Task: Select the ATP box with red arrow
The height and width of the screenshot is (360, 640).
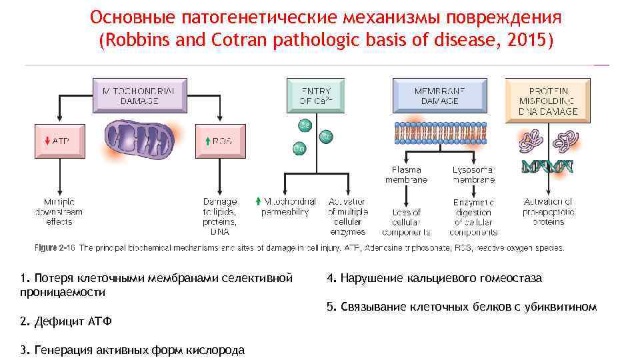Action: (x=59, y=141)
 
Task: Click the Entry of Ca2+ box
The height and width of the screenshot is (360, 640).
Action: (x=316, y=95)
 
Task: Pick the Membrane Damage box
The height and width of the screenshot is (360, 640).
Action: (x=439, y=95)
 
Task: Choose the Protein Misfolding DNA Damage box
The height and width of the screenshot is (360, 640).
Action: (x=547, y=101)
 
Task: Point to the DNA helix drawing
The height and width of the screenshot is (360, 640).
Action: (x=547, y=167)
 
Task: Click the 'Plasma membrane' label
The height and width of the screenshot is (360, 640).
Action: (x=406, y=175)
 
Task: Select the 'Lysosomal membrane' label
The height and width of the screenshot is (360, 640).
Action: (x=473, y=175)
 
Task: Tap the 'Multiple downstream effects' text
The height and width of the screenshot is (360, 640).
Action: (x=59, y=211)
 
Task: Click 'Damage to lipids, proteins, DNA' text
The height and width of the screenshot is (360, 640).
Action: (x=220, y=216)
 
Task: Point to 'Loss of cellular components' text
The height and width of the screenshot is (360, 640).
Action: (x=406, y=222)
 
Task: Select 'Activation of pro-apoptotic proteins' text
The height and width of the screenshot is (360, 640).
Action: (x=548, y=211)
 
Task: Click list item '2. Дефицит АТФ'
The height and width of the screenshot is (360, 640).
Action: (x=66, y=322)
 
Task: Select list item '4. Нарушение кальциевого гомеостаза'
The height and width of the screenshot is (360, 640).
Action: (x=434, y=278)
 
